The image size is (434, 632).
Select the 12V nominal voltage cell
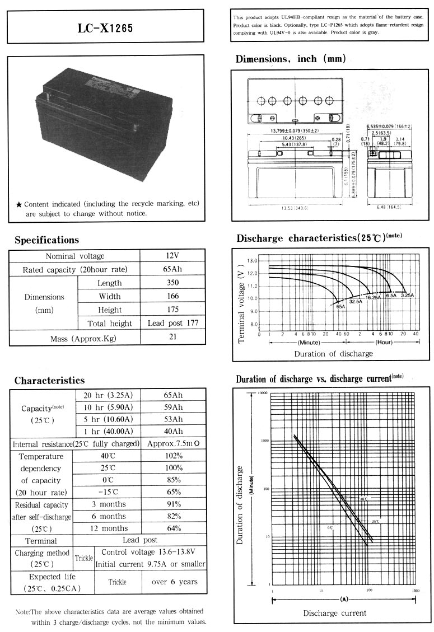[172, 256]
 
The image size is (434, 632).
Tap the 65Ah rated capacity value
[172, 269]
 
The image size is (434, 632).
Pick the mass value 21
[172, 338]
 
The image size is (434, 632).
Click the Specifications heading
[46, 240]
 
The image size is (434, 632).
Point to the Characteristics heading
[49, 381]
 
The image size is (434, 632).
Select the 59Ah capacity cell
[172, 407]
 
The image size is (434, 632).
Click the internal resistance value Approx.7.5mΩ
[174, 444]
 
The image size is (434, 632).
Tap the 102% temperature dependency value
[172, 456]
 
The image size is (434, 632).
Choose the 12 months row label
[110, 528]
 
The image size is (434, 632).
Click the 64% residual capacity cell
[172, 528]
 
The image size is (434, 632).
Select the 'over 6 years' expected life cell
[174, 582]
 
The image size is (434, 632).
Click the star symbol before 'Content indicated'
[19, 204]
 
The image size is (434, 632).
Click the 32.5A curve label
[356, 302]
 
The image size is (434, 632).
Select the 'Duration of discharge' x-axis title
[333, 354]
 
